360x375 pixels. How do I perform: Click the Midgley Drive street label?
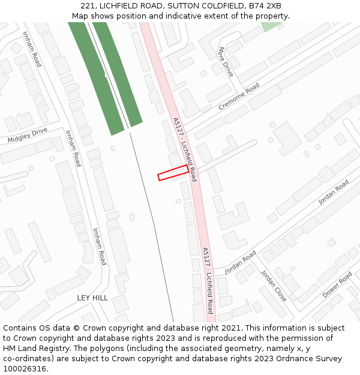click(28, 135)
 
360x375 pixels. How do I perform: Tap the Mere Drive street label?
click(226, 61)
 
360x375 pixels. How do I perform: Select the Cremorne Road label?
click(238, 97)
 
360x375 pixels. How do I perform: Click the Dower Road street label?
click(337, 286)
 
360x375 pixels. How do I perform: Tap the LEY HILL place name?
click(92, 298)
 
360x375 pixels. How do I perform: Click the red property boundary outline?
click(173, 172)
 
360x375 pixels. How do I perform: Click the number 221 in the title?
click(88, 6)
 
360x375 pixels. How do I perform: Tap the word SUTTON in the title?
click(184, 6)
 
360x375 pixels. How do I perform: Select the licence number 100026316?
click(25, 369)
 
